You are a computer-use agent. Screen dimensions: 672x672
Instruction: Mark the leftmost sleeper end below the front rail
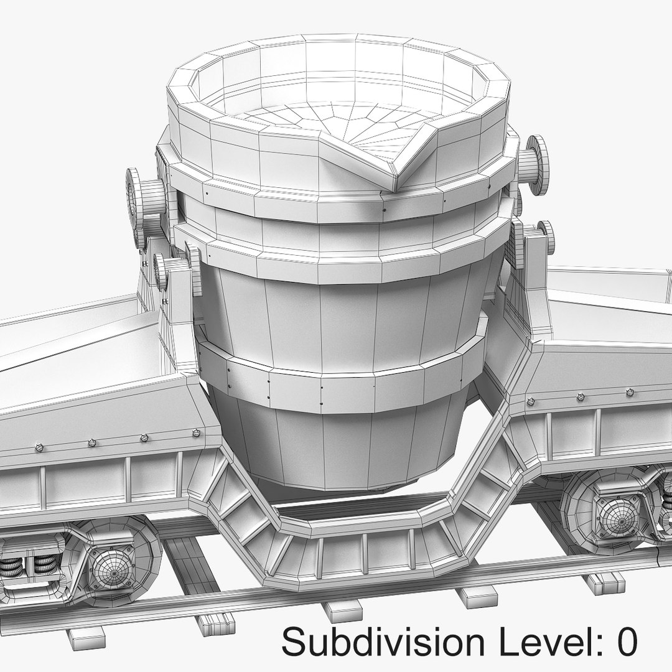86,635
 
